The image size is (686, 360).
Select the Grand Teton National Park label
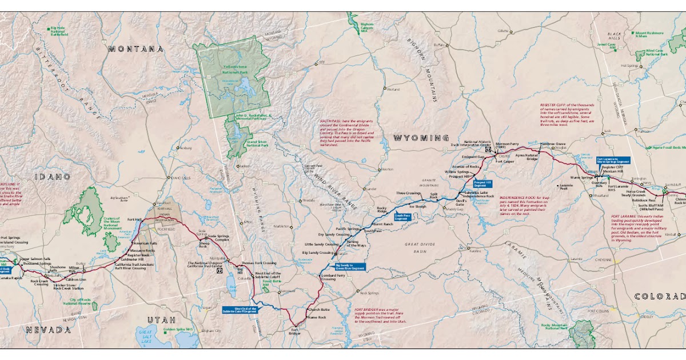(257, 144)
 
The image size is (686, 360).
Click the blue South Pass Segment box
(402, 217)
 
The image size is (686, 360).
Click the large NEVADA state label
(48, 330)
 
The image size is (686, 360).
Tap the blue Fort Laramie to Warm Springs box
(612, 161)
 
